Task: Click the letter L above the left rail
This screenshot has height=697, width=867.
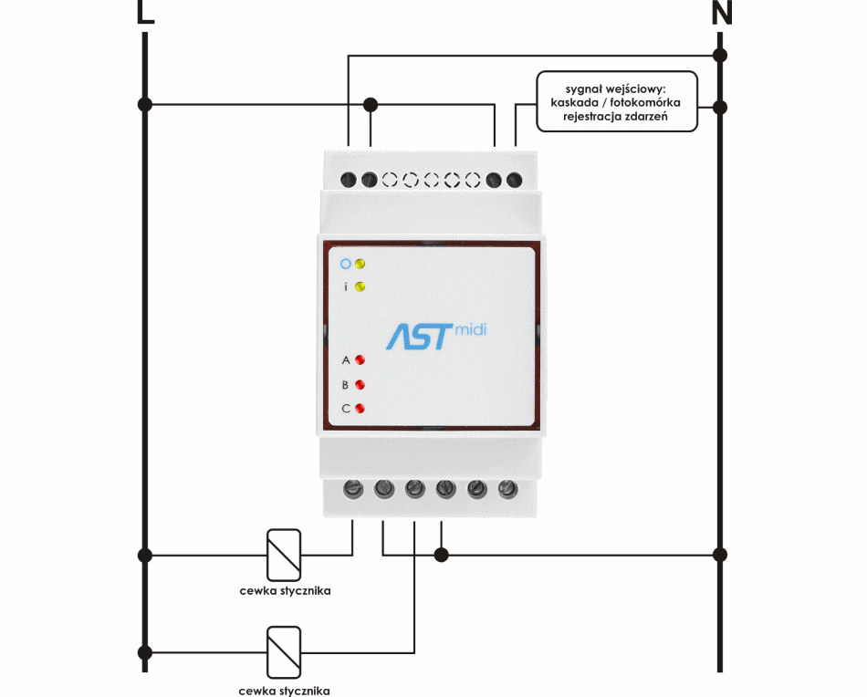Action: (x=145, y=11)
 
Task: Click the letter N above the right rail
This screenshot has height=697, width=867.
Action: (x=722, y=12)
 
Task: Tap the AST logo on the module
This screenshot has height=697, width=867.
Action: (x=419, y=337)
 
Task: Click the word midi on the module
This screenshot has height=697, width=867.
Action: (x=471, y=330)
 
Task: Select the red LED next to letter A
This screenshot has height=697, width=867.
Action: (x=360, y=360)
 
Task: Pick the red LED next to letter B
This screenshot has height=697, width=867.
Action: (x=360, y=385)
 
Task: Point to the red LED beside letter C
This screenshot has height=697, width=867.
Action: (x=360, y=409)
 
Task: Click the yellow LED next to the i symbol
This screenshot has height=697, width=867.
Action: (x=360, y=286)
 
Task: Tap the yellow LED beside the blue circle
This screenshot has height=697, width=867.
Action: (x=360, y=264)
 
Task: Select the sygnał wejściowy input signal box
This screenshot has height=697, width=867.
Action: (x=617, y=101)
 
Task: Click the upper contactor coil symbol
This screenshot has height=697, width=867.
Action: (x=284, y=555)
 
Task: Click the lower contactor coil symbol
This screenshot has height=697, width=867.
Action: (x=284, y=652)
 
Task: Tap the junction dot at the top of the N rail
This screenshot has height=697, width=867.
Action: (x=720, y=56)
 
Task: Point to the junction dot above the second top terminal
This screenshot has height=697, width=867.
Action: (x=371, y=104)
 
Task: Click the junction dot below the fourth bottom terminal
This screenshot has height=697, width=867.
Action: (x=441, y=555)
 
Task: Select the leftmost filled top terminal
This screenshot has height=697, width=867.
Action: (x=349, y=180)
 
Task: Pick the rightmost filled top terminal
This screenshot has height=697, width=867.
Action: (x=514, y=180)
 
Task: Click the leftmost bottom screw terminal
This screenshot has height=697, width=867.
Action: (x=353, y=489)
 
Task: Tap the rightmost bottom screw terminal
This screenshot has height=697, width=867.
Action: (x=507, y=489)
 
